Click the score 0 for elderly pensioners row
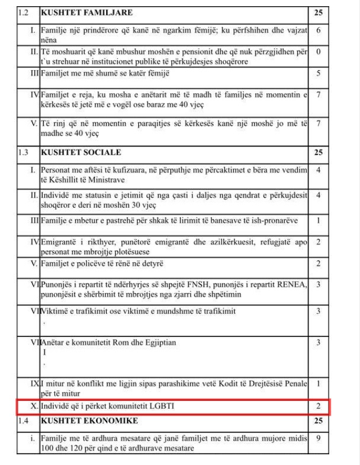(x=318, y=51)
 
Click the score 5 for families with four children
(x=318, y=73)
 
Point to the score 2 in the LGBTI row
(x=318, y=406)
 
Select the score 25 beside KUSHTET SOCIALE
(x=318, y=152)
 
